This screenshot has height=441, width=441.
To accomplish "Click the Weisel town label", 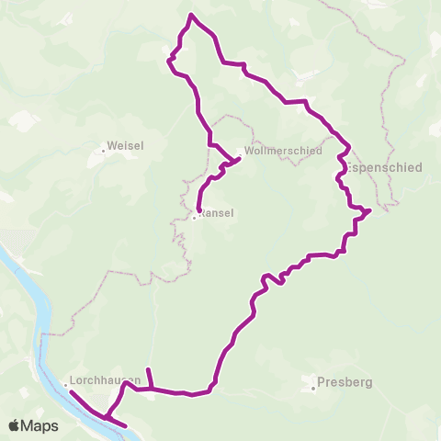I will click(x=125, y=145).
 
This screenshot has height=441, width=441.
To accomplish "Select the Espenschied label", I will click(x=387, y=168).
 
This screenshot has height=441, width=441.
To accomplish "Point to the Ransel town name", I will click(x=217, y=213).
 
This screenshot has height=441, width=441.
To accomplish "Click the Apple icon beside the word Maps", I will click(x=15, y=425).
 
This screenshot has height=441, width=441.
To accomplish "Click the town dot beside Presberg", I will click(x=313, y=388).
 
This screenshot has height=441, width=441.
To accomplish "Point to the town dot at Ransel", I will click(x=194, y=218).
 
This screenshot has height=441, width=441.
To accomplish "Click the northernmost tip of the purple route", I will click(x=190, y=15).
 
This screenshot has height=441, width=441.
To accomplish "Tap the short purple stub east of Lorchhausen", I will click(x=149, y=370).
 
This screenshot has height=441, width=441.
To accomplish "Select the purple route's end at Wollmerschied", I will click(x=240, y=159).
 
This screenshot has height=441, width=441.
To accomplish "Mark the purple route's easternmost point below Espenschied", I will click(x=369, y=210).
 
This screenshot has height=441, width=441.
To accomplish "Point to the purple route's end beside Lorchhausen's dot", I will click(x=70, y=392).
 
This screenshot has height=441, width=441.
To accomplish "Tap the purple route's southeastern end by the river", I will click(x=126, y=426).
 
